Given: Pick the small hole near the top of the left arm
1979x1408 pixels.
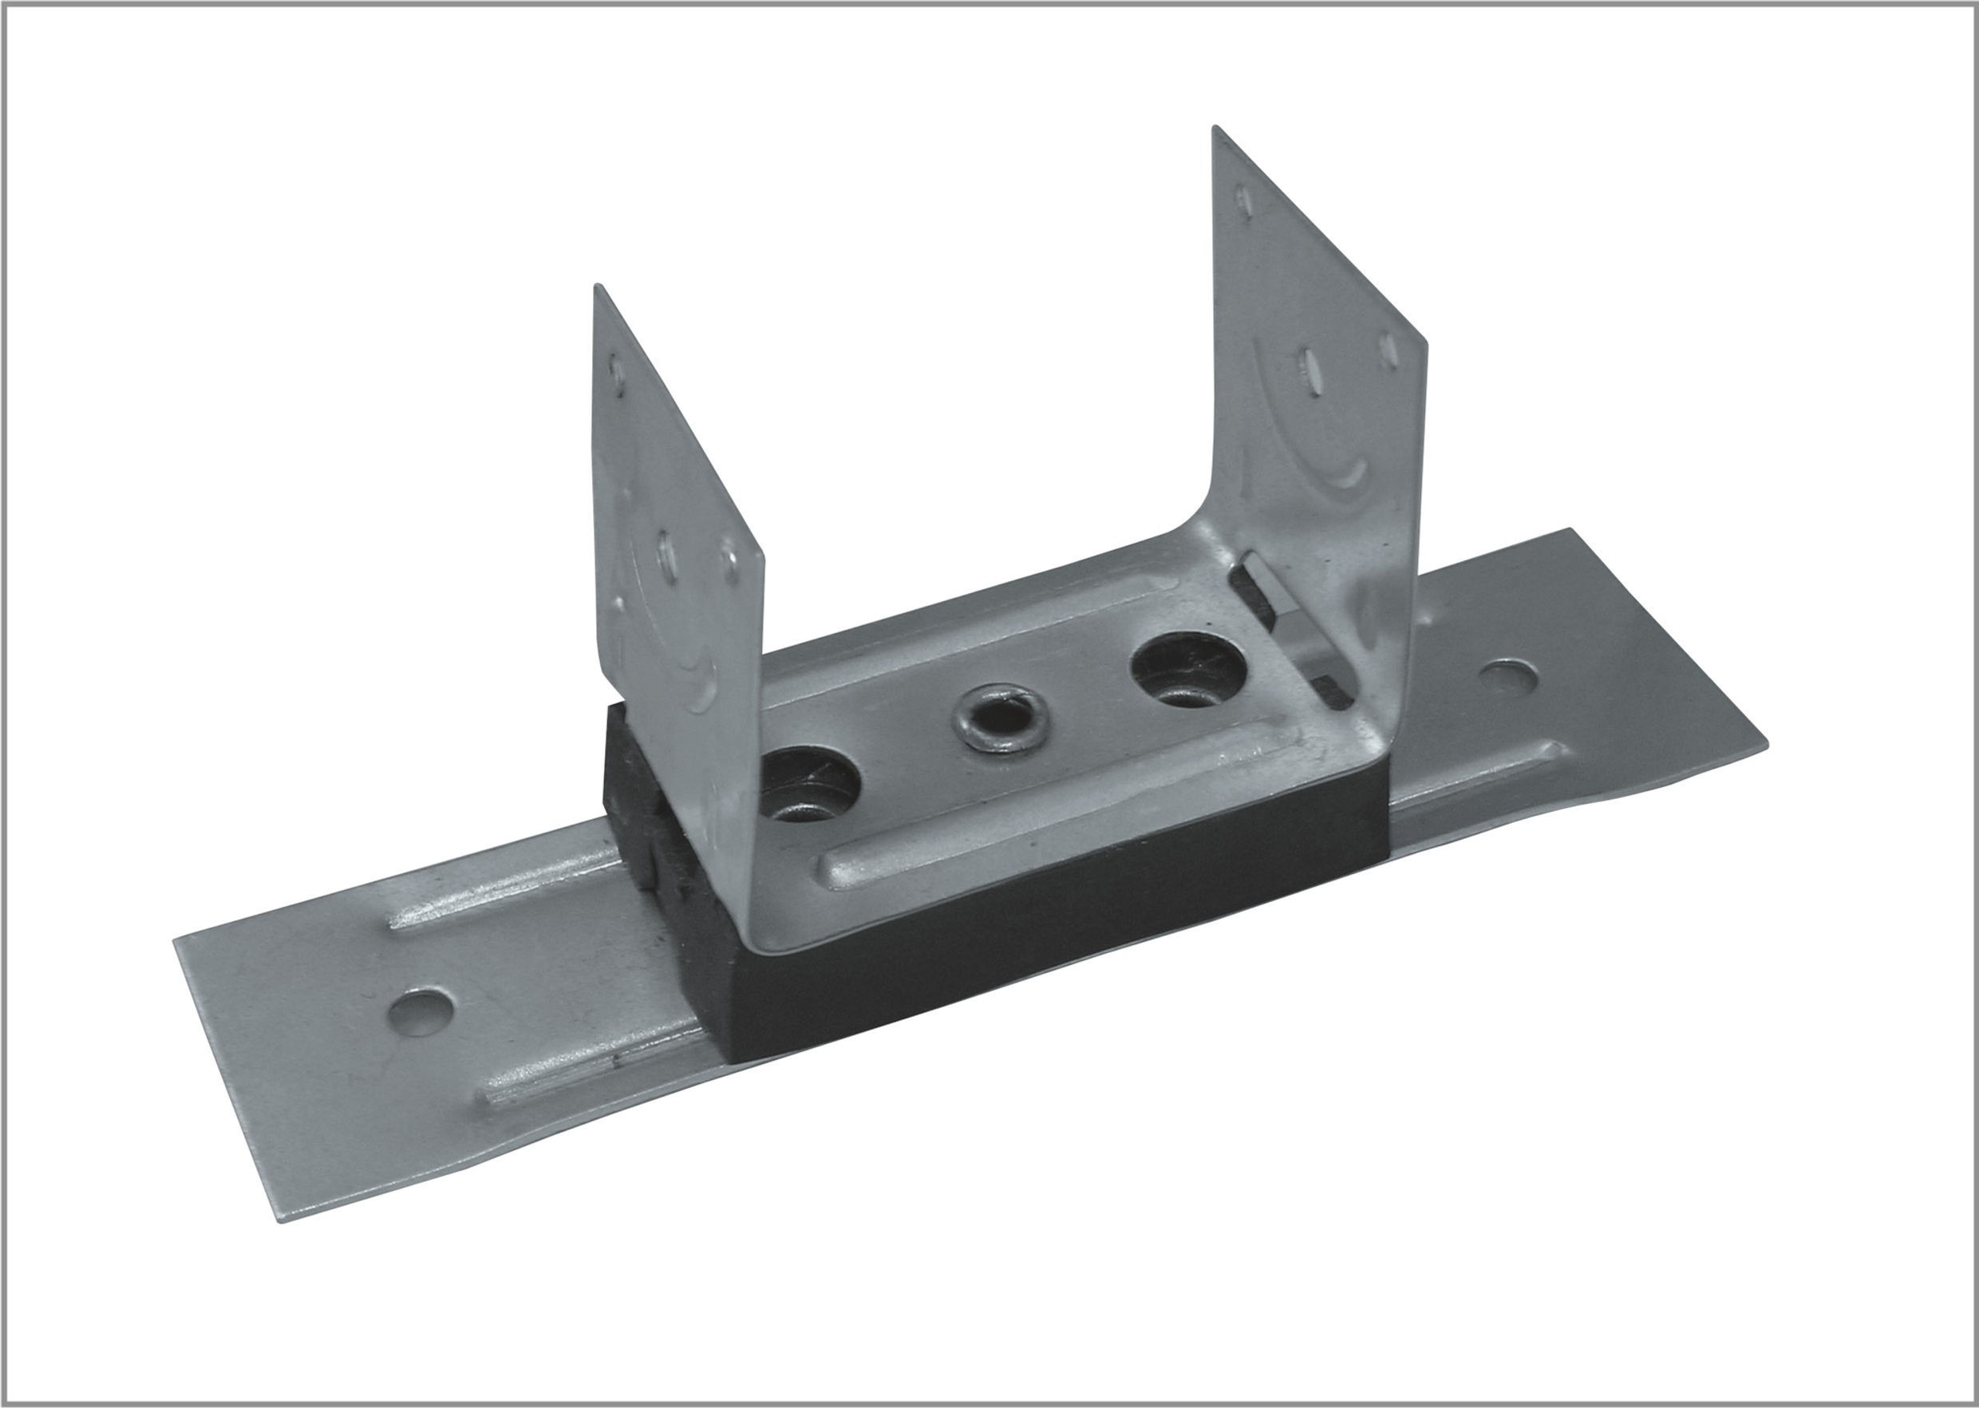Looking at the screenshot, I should [x=617, y=371].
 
